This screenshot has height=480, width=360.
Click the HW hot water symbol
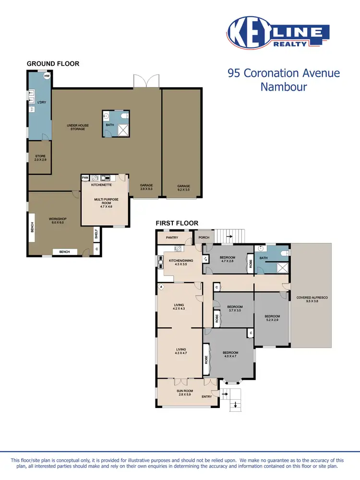coord(47,76)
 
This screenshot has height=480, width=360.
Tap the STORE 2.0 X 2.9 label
coord(40,158)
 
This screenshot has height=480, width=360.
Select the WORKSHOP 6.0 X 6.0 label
coord(58,221)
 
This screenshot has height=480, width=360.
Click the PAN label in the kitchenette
coord(85,178)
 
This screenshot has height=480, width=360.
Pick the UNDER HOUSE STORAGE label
coord(76,127)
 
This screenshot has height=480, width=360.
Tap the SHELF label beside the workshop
coord(96,234)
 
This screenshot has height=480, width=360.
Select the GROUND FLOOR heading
coord(53,64)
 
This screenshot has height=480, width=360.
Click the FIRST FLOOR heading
coord(177,223)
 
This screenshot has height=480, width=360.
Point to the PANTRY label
coord(172,238)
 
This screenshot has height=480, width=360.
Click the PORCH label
coord(204,238)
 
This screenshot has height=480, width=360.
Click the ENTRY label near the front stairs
coord(206,396)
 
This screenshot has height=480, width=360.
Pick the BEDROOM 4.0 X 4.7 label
coord(230,354)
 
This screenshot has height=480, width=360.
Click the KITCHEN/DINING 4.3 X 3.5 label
coord(178,262)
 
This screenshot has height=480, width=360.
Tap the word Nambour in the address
coord(283,87)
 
